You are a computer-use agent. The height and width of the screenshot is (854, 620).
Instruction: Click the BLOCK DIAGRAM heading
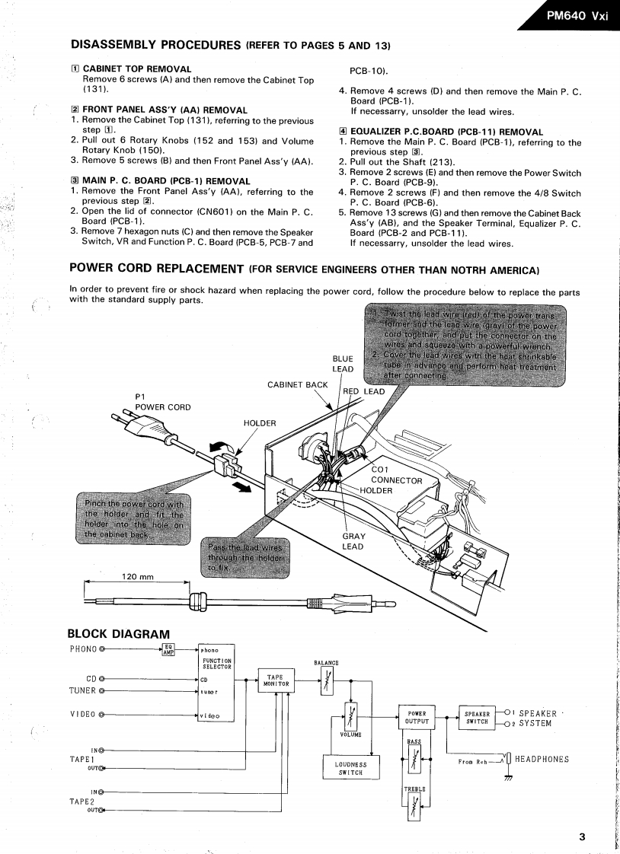120,633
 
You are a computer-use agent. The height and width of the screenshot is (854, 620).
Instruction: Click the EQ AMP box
170,649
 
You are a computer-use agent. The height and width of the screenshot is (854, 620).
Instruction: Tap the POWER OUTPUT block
417,718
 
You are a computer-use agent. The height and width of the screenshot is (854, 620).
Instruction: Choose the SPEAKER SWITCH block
477,718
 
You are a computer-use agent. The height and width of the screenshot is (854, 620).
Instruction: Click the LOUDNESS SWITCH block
351,769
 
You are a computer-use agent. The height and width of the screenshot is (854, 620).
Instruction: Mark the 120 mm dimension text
137,576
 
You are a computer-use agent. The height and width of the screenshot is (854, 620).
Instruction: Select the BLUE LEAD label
342,364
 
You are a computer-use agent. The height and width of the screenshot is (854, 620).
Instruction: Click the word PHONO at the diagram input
84,649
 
